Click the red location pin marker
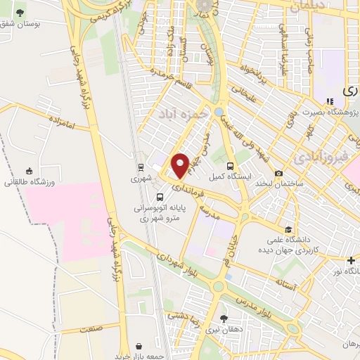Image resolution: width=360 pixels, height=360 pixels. (180, 165)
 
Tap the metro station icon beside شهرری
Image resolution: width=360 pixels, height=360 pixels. (141, 167)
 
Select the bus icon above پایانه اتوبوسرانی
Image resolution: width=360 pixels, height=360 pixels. (158, 198)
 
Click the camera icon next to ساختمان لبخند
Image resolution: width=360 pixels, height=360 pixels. (279, 174)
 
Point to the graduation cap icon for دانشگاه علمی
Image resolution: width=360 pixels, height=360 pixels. (288, 230)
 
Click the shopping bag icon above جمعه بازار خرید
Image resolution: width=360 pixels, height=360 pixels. (139, 346)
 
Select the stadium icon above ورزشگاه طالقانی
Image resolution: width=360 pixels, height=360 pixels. (29, 170)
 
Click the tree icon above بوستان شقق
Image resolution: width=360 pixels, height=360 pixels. (20, 13)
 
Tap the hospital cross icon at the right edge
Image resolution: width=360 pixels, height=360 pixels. (351, 260)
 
